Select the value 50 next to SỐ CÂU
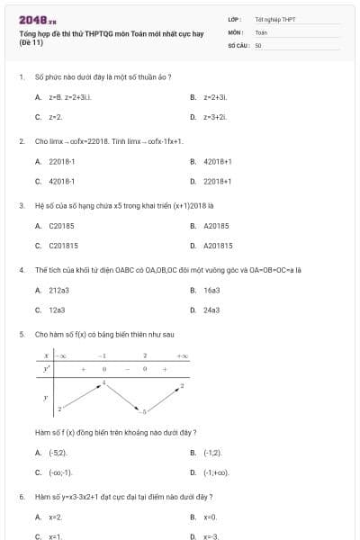[257, 44]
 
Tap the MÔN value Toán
[261, 31]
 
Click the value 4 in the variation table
[103, 382]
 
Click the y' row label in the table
[47, 369]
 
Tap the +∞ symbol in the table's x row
[182, 356]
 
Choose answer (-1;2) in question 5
[212, 453]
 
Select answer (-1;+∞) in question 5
[216, 472]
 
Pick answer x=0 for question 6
[210, 517]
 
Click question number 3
[21, 205]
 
